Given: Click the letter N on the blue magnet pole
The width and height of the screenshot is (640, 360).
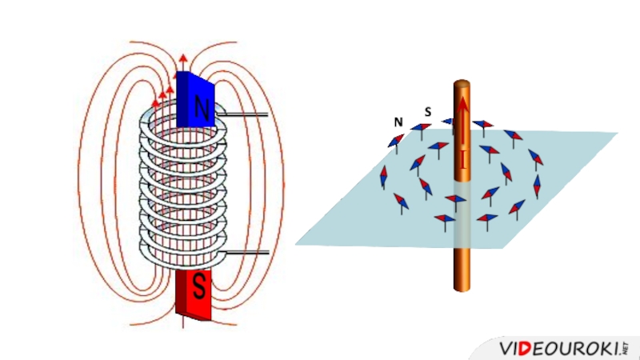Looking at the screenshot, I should [x=202, y=110].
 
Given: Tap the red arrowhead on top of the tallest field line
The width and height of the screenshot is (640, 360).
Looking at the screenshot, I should [x=183, y=58].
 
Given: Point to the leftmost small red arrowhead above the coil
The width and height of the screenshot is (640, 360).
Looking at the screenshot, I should [x=156, y=104].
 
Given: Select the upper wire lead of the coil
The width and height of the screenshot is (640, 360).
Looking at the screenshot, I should [x=244, y=116].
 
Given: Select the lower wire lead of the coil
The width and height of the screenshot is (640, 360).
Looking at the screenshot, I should [x=244, y=253].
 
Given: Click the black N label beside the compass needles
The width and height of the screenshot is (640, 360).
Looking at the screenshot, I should [x=398, y=122].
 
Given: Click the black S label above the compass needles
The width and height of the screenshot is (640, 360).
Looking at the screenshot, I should [x=428, y=112].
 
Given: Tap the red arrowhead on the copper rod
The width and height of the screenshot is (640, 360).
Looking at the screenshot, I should [x=462, y=103].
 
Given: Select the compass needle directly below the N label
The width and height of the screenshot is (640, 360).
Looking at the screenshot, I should [x=396, y=141].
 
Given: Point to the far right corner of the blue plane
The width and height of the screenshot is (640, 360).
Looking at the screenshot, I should [x=617, y=133].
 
